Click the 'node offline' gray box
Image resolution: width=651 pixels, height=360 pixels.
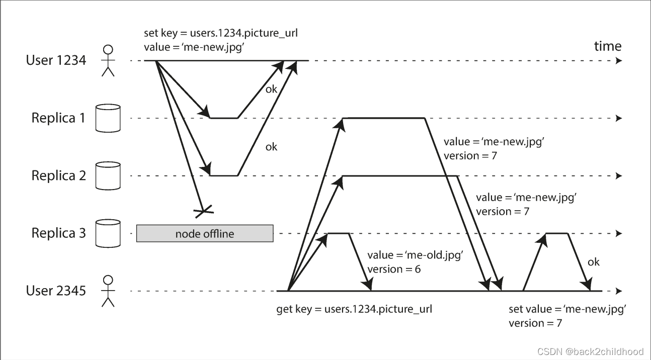[205, 233]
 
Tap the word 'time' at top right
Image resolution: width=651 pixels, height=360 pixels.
[607, 46]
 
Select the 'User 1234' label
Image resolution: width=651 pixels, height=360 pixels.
[56, 60]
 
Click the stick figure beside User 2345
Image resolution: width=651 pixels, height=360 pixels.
[108, 291]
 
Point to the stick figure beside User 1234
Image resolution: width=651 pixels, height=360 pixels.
[108, 60]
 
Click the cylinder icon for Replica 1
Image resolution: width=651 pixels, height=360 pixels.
[108, 118]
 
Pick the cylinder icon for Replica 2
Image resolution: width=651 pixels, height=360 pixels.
[108, 175]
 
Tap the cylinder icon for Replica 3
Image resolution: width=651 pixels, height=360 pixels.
[108, 233]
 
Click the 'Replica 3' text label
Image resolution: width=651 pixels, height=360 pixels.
[58, 233]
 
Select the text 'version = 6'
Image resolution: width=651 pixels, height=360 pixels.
[394, 269]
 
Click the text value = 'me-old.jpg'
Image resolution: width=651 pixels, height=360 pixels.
[415, 255]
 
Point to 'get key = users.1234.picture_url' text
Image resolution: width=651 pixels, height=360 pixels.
[354, 309]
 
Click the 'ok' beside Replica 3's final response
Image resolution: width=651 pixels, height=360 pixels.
[594, 262]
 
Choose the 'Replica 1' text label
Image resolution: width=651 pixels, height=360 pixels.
[58, 118]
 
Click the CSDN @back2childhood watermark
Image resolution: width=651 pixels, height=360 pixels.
[590, 351]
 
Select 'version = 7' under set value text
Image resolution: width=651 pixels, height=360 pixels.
[535, 323]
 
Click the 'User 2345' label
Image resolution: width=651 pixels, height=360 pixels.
[56, 291]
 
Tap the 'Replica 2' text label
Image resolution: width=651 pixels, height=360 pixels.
[58, 175]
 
